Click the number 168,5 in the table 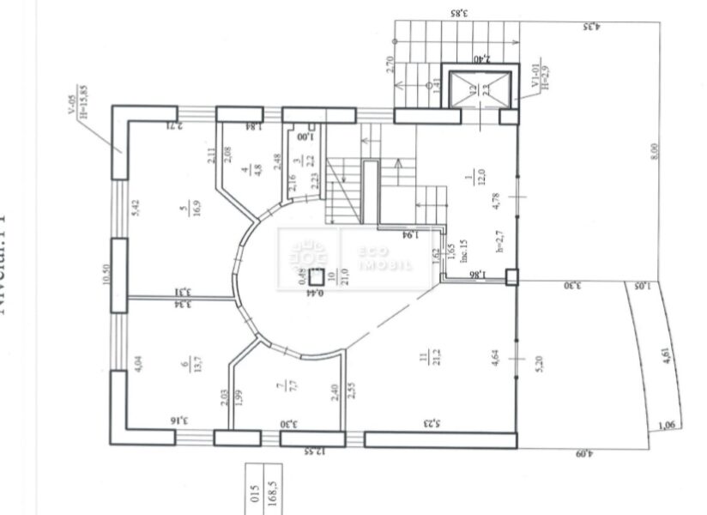pos(274,497)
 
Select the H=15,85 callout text pos(83,102)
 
